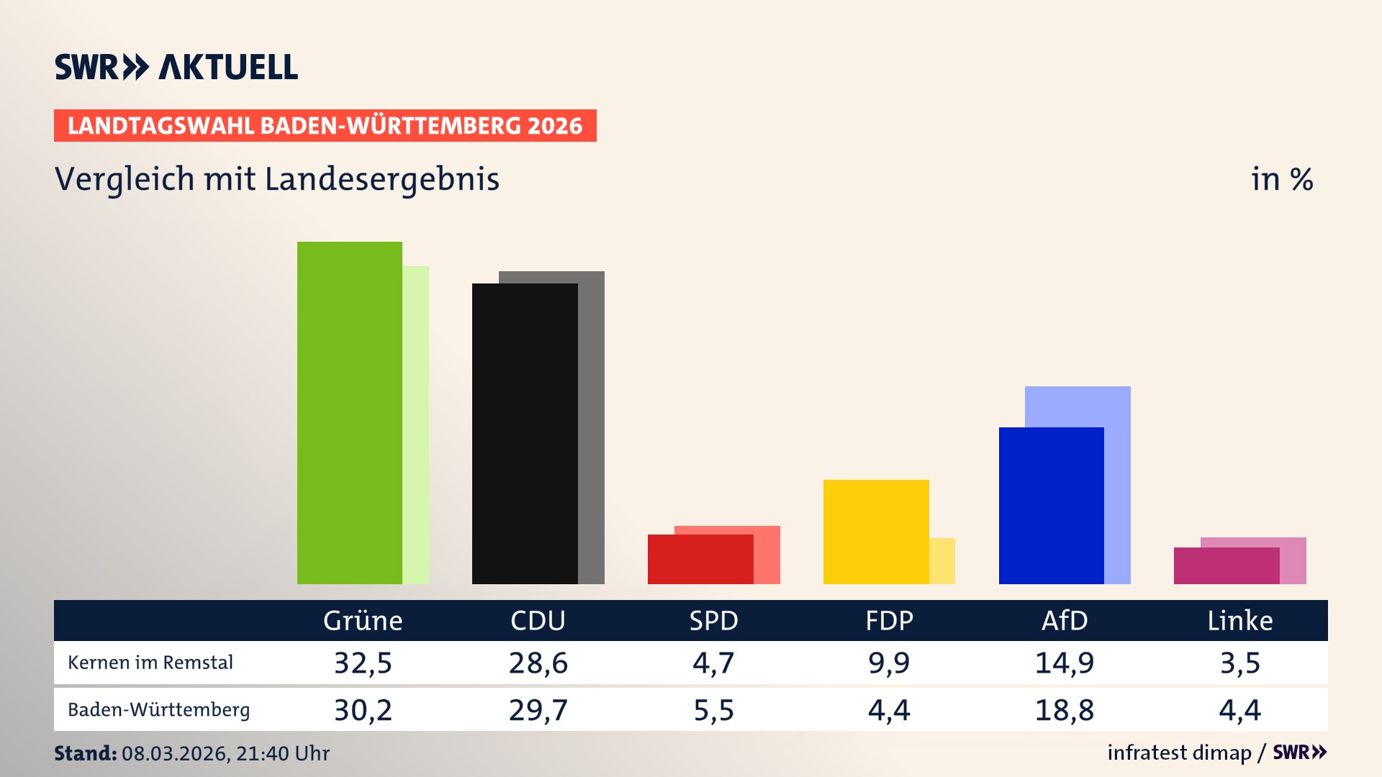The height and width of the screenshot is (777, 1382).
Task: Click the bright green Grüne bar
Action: (350, 414)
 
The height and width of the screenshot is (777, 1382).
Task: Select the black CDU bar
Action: (525, 434)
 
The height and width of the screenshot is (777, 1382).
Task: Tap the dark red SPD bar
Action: (700, 560)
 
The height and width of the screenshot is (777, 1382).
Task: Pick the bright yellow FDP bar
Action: (876, 532)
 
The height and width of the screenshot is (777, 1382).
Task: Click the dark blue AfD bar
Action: (1051, 506)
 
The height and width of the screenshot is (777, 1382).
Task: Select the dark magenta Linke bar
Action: (1227, 566)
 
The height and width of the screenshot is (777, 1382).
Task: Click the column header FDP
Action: (889, 621)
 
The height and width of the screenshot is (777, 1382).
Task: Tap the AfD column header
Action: (1065, 621)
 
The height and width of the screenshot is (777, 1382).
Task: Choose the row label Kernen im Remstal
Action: (150, 663)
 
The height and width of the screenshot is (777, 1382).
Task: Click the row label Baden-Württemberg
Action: (159, 710)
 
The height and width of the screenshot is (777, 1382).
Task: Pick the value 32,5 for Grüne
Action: (363, 663)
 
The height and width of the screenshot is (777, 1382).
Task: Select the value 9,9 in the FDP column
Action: (889, 663)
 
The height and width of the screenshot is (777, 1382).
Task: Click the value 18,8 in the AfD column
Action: (1065, 710)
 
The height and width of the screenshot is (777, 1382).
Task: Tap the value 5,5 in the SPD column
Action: (713, 710)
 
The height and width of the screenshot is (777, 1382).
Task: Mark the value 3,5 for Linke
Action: (1239, 663)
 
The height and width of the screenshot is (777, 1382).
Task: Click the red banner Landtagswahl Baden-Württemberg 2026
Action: (325, 126)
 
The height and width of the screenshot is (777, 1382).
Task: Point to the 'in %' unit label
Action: (1282, 179)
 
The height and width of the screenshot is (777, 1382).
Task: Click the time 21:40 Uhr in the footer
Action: (283, 753)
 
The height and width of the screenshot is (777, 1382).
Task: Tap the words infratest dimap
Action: (1179, 753)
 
